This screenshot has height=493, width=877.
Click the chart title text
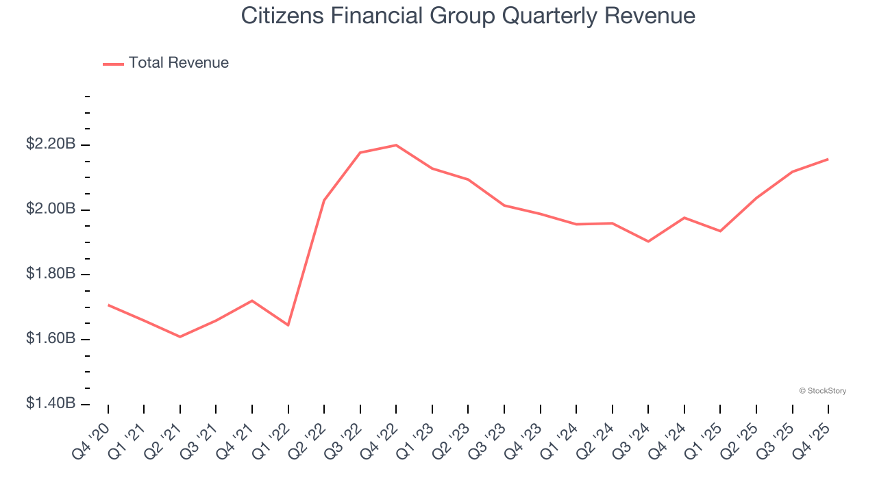pos(468,16)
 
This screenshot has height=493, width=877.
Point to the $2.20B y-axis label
pos(51,144)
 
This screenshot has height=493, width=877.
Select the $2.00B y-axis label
pos(51,209)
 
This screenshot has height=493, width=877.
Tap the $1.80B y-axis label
pos(51,274)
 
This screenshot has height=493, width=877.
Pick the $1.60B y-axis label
pos(51,339)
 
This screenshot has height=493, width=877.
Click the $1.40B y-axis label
pos(51,404)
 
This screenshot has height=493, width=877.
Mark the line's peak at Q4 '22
pos(396,145)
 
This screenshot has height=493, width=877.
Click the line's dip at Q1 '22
pos(288,325)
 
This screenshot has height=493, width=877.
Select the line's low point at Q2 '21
pos(180,337)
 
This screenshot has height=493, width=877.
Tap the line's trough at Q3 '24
pos(648,241)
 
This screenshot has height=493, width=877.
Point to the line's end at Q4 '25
pos(828,159)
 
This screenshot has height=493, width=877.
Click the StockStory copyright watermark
pos(822,391)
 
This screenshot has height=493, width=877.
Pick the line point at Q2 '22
pos(324,200)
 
